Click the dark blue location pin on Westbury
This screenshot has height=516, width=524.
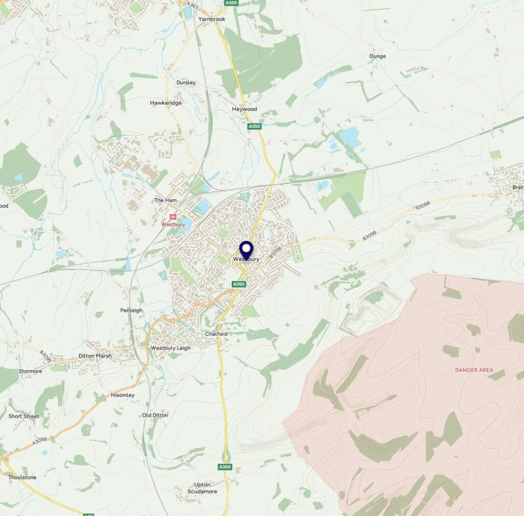point(247,250)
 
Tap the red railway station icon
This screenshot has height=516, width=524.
point(172,216)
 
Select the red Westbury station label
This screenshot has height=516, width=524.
point(172,224)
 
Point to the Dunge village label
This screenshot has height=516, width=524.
point(378,56)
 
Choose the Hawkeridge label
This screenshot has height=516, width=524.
point(166,103)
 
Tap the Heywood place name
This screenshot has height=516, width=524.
point(245,109)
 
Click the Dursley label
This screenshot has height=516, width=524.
point(186,82)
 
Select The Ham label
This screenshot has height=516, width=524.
point(166,200)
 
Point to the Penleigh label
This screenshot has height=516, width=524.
point(132,310)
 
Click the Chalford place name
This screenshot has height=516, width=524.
point(216,334)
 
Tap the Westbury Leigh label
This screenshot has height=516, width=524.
point(170,348)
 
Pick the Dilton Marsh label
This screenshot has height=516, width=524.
point(95,356)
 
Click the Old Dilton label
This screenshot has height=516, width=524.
point(155,415)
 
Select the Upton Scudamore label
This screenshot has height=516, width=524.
point(206,488)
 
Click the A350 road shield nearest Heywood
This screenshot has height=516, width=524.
point(254,126)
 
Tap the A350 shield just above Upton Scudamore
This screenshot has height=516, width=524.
point(225,467)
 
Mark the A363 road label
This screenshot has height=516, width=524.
point(192,5)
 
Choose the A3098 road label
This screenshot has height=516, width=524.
point(39,439)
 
